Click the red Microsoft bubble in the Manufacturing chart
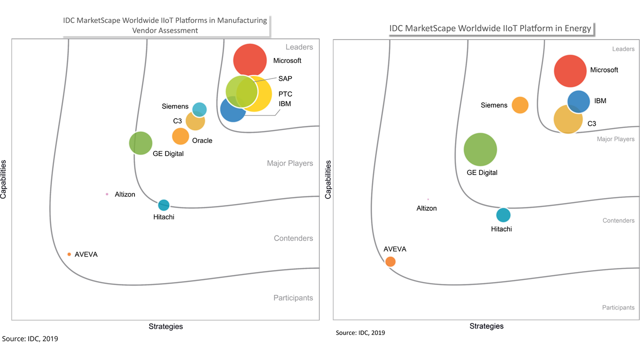pyautogui.click(x=250, y=60)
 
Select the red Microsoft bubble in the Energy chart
pyautogui.click(x=570, y=71)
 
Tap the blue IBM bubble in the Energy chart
pyautogui.click(x=578, y=101)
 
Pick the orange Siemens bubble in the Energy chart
pyautogui.click(x=520, y=105)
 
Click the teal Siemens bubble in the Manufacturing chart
pyautogui.click(x=199, y=109)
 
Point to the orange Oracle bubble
pyautogui.click(x=180, y=136)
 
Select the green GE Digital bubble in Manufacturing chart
pyautogui.click(x=140, y=143)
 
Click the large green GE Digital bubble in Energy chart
pyautogui.click(x=480, y=149)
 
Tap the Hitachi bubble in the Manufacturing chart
pyautogui.click(x=163, y=205)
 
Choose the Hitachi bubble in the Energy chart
pyautogui.click(x=503, y=215)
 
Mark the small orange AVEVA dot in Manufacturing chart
pyautogui.click(x=69, y=254)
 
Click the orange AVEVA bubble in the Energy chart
pyautogui.click(x=390, y=261)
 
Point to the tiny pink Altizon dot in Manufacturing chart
pyautogui.click(x=106, y=194)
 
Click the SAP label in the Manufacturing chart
pyautogui.click(x=285, y=78)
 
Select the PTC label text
pyautogui.click(x=285, y=94)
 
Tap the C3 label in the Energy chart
pyautogui.click(x=591, y=123)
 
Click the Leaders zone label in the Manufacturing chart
pyautogui.click(x=299, y=47)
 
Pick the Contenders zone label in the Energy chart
pyautogui.click(x=618, y=220)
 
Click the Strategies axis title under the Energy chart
pyautogui.click(x=486, y=326)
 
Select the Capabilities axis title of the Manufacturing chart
pyautogui.click(x=3, y=179)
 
